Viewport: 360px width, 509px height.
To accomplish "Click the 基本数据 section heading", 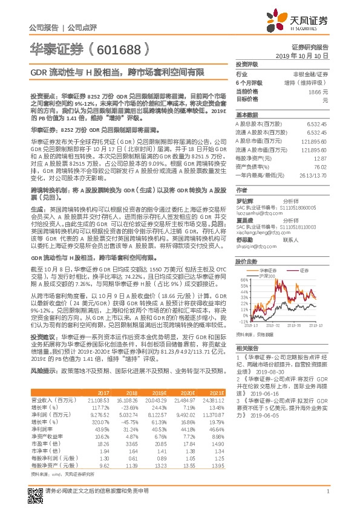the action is click(246, 114).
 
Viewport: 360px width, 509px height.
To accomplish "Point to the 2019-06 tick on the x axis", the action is click(294, 324).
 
